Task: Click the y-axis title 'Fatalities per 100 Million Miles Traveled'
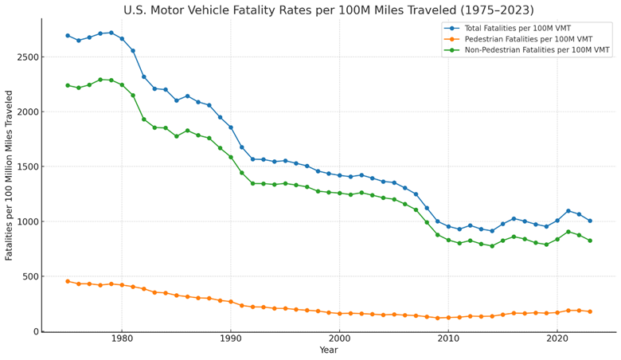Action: (x=10, y=175)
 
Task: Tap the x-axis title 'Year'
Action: (x=328, y=350)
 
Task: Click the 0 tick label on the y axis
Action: (x=34, y=331)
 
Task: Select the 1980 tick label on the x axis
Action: (x=122, y=339)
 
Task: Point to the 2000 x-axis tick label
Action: (x=339, y=339)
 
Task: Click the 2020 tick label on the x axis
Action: (x=557, y=339)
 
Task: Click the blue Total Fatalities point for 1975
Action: (x=68, y=36)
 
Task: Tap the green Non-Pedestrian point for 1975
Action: (x=68, y=85)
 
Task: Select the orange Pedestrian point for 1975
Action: (x=68, y=281)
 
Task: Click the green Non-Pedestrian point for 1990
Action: (x=231, y=157)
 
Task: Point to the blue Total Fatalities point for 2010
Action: (x=448, y=226)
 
